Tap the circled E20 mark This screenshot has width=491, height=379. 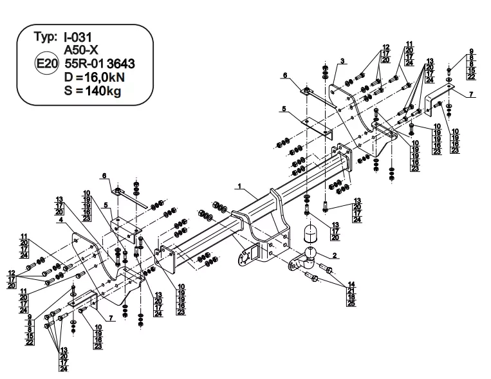coord(47,64)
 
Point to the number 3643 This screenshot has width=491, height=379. coord(121,64)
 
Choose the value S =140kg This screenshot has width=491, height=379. coord(93,90)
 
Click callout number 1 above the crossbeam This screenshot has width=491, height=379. coord(239,187)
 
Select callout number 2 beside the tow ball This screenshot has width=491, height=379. coord(335,256)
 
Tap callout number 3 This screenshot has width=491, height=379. coord(343,61)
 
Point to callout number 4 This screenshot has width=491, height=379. coord(59,220)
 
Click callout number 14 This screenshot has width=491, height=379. coord(351,284)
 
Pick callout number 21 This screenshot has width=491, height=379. coord(351,290)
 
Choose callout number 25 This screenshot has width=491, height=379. coord(351,302)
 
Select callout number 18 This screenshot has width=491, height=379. coord(351,296)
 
